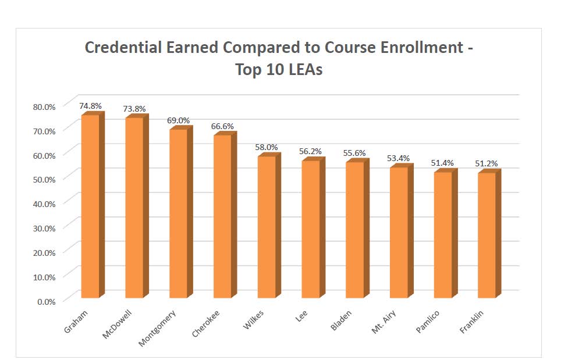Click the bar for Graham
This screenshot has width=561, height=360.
point(90,206)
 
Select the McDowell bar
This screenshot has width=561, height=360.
point(134,208)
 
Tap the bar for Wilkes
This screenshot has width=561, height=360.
point(267,227)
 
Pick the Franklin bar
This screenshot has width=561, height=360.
point(487,236)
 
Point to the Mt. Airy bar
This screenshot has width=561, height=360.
point(399,233)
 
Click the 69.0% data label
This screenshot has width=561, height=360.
point(179,120)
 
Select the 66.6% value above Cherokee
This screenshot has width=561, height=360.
point(223,126)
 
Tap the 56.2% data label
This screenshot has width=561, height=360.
point(311,151)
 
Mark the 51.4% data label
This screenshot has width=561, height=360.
point(443,163)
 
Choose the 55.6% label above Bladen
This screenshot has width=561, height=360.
point(355,153)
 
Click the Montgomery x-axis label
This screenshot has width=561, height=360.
point(158,329)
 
